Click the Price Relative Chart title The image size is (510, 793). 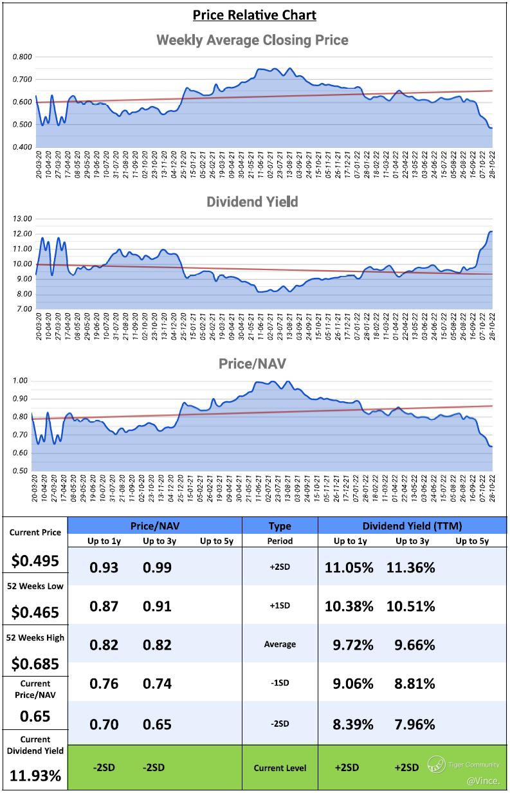coord(255,14)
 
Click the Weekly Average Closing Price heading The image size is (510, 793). coord(253,40)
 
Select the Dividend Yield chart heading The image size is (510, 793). coord(252,201)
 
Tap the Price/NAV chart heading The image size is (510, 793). coord(252,363)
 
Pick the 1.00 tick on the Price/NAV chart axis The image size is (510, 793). coord(20,381)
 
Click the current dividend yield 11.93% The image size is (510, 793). coord(36,775)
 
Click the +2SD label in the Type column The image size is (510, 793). coord(279,567)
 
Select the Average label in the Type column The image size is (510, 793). coord(279,644)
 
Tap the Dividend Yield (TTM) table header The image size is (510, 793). coord(412,525)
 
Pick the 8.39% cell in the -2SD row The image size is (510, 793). coord(354,724)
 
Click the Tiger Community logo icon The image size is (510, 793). coord(437,764)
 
